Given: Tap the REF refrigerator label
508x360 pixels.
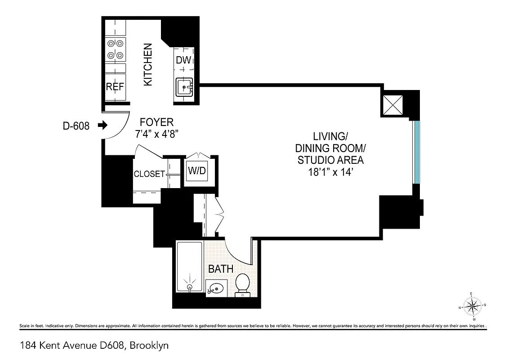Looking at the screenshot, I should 115,87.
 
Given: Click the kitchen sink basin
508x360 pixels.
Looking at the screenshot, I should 184,86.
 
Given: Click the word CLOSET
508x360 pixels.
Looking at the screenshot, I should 149,174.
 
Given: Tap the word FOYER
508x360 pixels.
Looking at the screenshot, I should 156,122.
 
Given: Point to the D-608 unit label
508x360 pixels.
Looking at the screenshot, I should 76,126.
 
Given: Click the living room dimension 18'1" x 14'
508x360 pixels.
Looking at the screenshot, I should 329,171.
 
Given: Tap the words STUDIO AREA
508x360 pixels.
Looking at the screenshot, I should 329,160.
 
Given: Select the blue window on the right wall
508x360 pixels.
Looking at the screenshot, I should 416,152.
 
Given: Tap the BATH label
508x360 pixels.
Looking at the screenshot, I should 220,269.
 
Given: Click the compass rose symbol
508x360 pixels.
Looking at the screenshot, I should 472,307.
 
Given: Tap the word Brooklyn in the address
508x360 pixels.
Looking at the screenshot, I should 149,346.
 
